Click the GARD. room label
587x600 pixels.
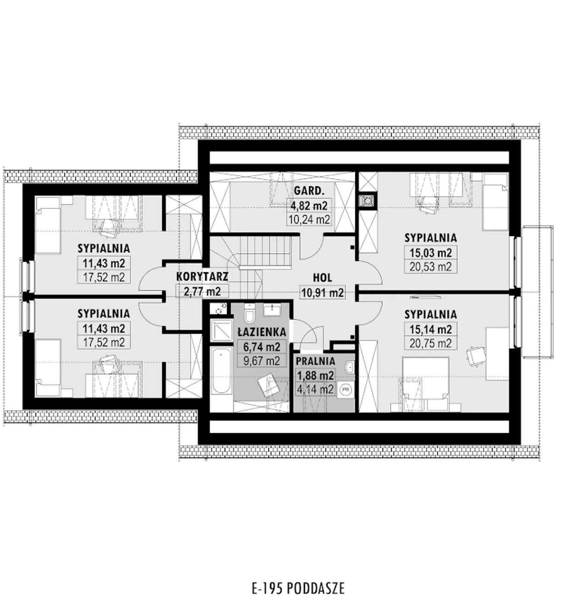pyautogui.click(x=309, y=191)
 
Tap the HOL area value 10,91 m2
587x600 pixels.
pyautogui.click(x=322, y=292)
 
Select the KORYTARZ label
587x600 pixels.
pyautogui.click(x=202, y=276)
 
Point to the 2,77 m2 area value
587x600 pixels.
pyautogui.click(x=202, y=291)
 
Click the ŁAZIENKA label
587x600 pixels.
pyautogui.click(x=262, y=332)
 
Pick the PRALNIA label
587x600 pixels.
pyautogui.click(x=316, y=361)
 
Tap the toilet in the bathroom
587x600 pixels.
pyautogui.click(x=249, y=312)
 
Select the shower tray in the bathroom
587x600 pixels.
pyautogui.click(x=222, y=330)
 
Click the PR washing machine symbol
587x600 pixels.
pyautogui.click(x=346, y=390)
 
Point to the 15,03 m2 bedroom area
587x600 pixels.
pyautogui.click(x=431, y=253)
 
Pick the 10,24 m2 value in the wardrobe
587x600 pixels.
pyautogui.click(x=309, y=220)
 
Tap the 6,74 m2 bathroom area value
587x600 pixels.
pyautogui.click(x=262, y=347)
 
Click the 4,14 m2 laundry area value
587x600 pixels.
pyautogui.click(x=315, y=390)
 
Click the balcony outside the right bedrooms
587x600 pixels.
pyautogui.click(x=537, y=292)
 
